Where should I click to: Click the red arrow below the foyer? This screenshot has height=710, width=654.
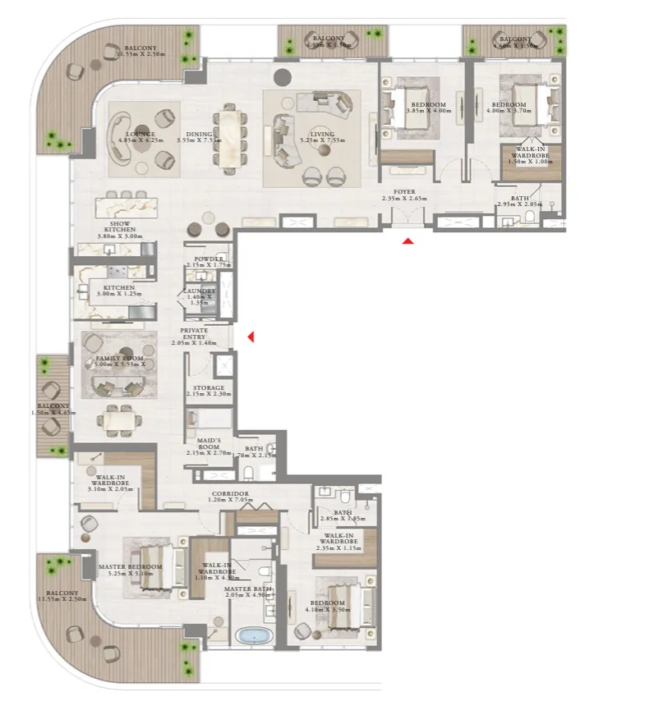tap(408, 241)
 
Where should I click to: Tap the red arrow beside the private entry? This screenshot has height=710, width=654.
tap(251, 337)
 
